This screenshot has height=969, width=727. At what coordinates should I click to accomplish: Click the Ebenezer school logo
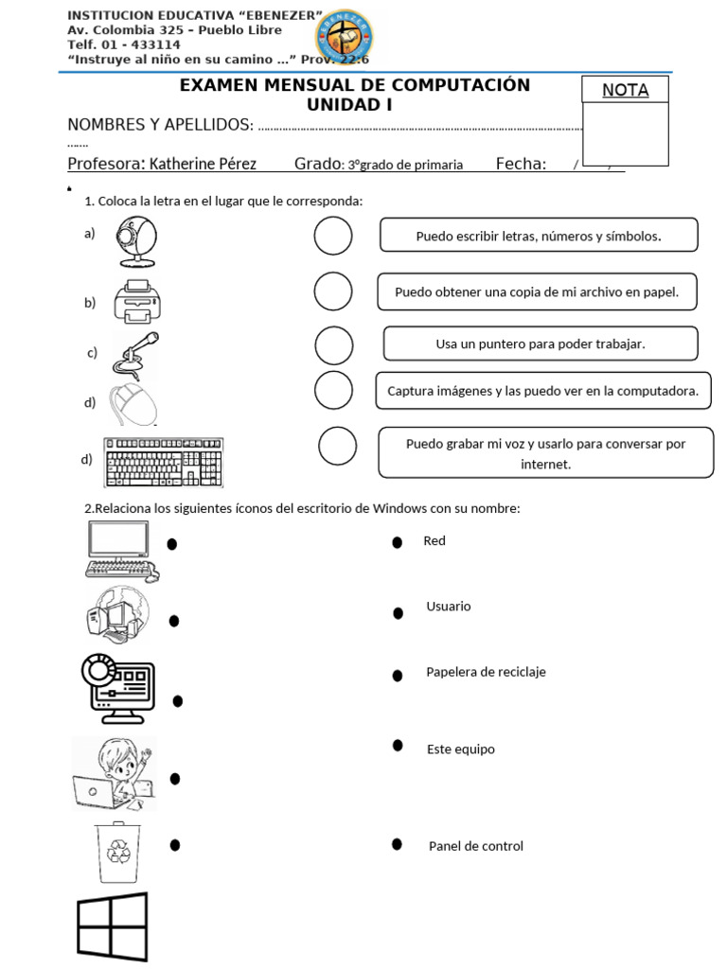[x=343, y=35]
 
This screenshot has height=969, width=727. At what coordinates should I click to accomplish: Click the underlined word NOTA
[x=626, y=91]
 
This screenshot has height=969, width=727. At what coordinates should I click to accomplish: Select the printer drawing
[x=137, y=301]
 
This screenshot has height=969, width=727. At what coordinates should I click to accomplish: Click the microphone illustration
[x=135, y=355]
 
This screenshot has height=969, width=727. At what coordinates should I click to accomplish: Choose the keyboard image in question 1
[x=164, y=460]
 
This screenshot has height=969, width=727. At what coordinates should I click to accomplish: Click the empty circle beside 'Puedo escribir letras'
[x=333, y=237]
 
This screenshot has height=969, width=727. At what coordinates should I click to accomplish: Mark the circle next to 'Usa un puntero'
[x=334, y=346]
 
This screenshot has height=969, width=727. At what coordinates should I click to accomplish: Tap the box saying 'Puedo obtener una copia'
[x=537, y=292]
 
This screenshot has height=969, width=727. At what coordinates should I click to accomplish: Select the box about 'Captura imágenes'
[x=542, y=391]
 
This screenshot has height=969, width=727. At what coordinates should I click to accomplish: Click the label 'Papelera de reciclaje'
[x=486, y=673]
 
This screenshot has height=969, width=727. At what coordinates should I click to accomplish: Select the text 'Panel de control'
[x=475, y=847]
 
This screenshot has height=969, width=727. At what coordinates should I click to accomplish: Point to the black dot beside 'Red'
[x=399, y=542]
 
